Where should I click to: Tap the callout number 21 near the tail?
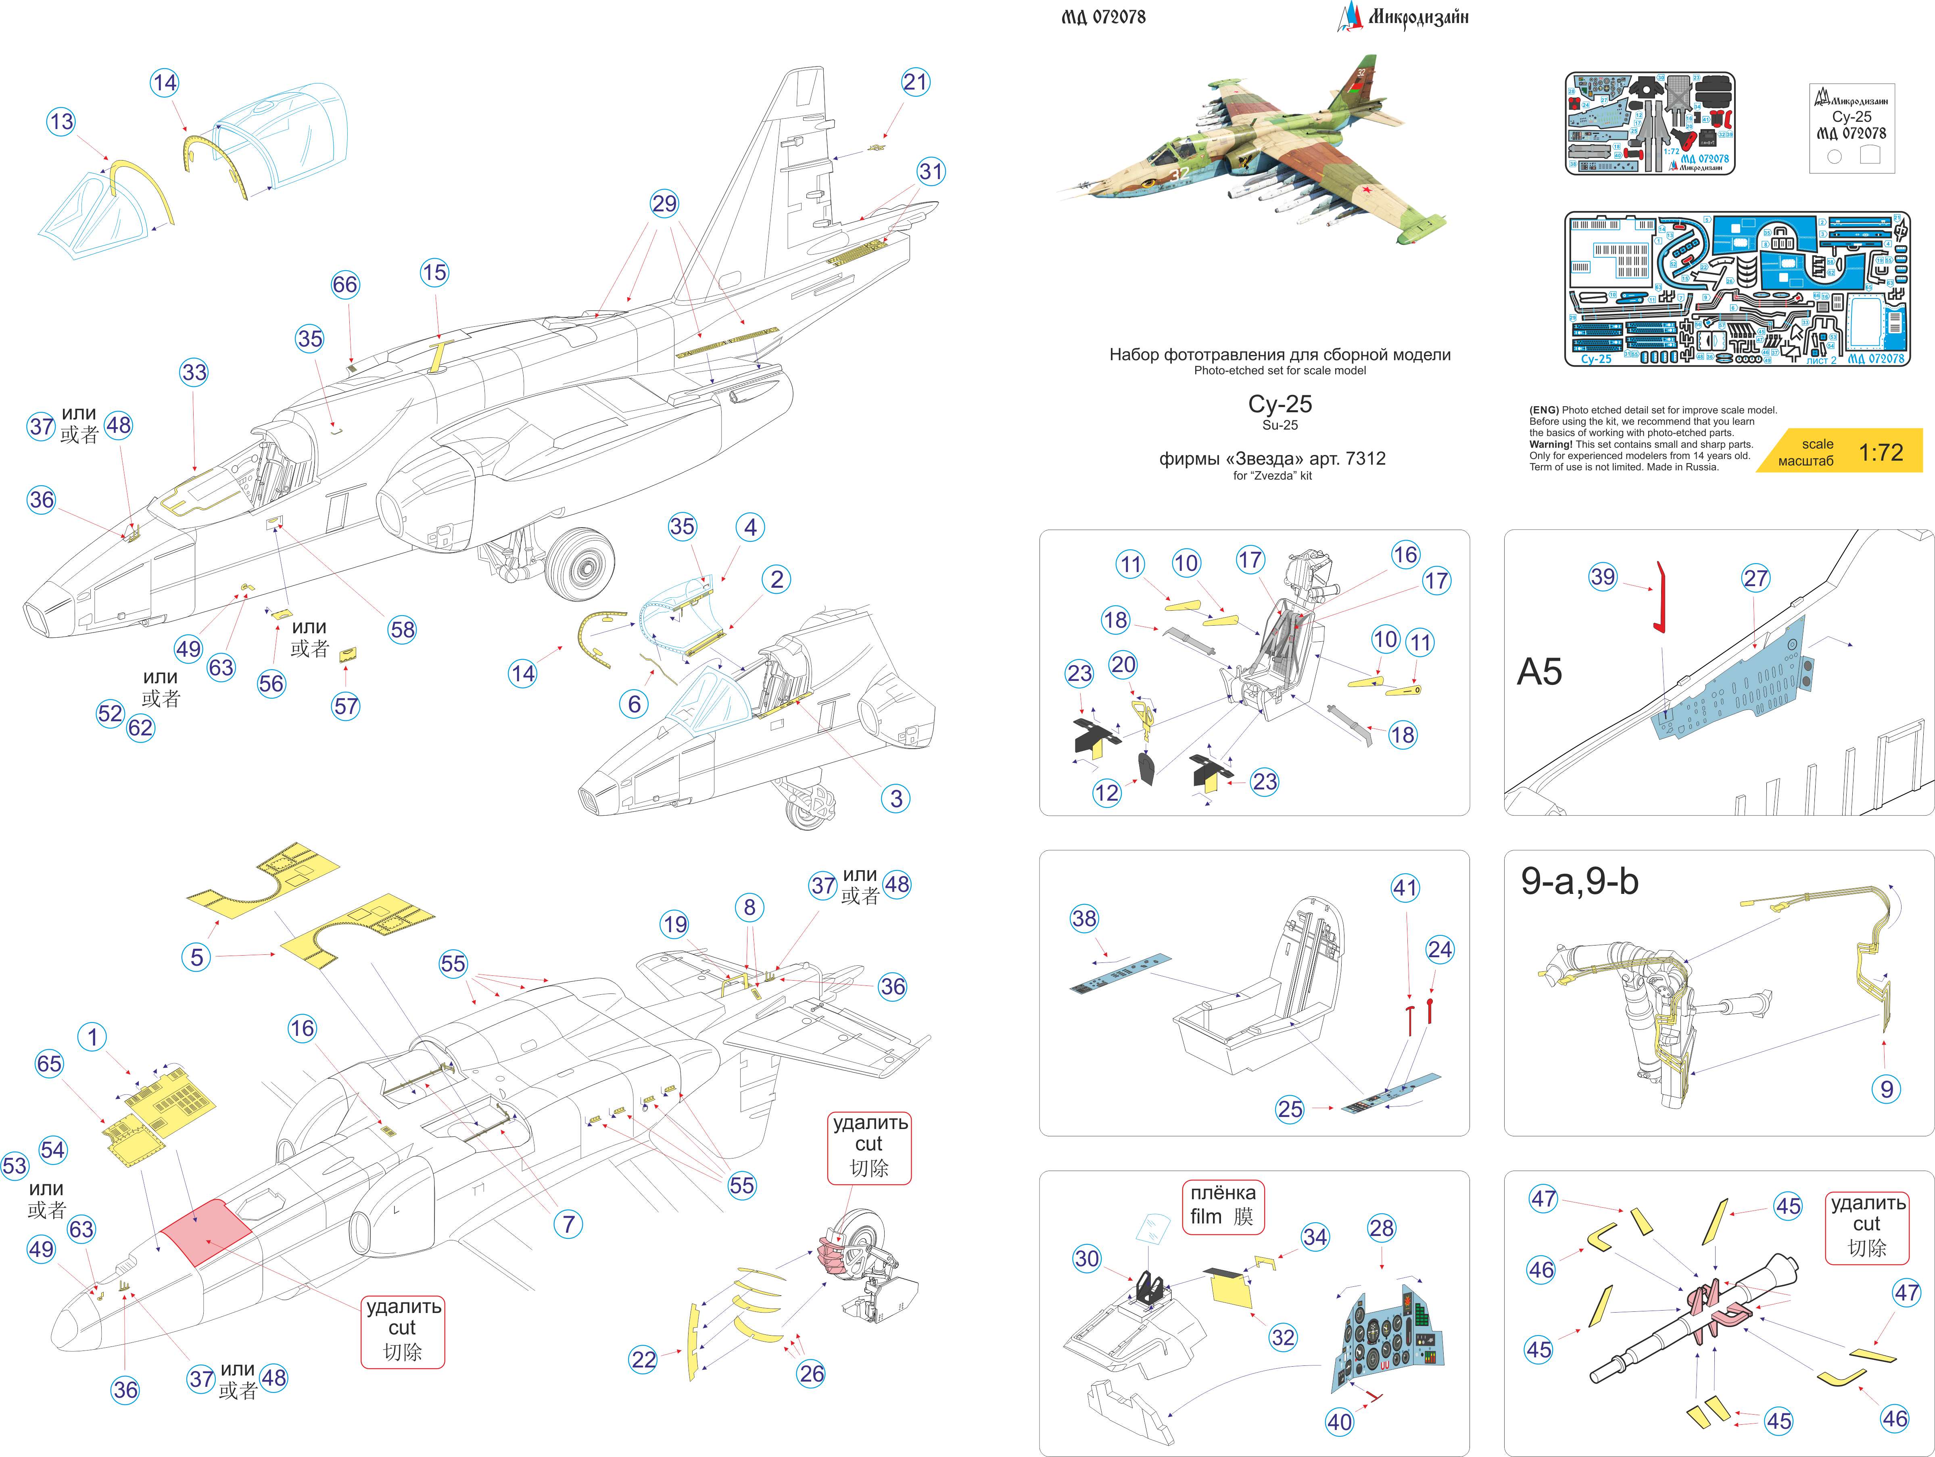pyautogui.click(x=915, y=82)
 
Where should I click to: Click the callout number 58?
pyautogui.click(x=403, y=630)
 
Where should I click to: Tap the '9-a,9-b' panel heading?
pyautogui.click(x=1579, y=881)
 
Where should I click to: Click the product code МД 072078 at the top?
pyautogui.click(x=1103, y=17)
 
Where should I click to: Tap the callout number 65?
pyautogui.click(x=49, y=1063)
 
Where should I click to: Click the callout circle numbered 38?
pyautogui.click(x=1084, y=918)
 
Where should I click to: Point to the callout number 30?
pyautogui.click(x=1086, y=1259)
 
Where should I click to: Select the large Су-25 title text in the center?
pyautogui.click(x=1280, y=404)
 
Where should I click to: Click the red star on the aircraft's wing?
pyautogui.click(x=1365, y=189)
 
